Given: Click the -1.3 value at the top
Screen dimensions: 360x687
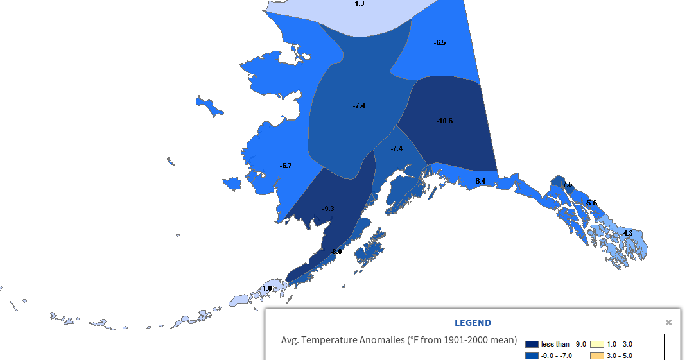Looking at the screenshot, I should (x=358, y=4).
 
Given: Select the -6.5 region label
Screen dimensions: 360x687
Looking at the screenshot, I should (x=440, y=42).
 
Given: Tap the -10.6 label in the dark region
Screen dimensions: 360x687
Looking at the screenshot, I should (x=444, y=121).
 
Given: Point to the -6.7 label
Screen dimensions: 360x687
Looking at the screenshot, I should (x=286, y=166).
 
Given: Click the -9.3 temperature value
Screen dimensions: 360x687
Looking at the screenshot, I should (x=328, y=209).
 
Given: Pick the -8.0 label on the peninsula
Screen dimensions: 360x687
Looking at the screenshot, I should (x=336, y=252).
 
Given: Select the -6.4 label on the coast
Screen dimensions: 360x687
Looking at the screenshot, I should (x=480, y=182).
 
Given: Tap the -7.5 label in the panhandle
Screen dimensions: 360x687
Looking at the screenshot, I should (x=566, y=185).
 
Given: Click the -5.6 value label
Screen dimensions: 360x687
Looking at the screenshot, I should (x=591, y=203).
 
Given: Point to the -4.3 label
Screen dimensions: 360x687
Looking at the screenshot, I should (x=627, y=233).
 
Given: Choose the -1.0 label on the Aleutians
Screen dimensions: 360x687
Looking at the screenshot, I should (x=266, y=289).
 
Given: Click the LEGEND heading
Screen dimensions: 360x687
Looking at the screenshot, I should (x=473, y=323).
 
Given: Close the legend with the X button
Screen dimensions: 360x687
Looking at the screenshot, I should (x=668, y=322).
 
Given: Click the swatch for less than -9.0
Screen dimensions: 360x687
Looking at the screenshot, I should (x=532, y=345).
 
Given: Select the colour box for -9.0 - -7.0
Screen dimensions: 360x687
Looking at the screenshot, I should (x=532, y=356).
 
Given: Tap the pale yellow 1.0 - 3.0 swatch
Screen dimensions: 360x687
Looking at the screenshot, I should (x=596, y=345).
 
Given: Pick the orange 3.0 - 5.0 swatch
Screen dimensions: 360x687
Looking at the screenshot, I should (x=596, y=356).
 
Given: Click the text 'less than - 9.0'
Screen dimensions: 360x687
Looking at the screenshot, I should (x=563, y=345).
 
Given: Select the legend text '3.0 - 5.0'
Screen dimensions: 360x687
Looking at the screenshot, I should (x=620, y=356).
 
